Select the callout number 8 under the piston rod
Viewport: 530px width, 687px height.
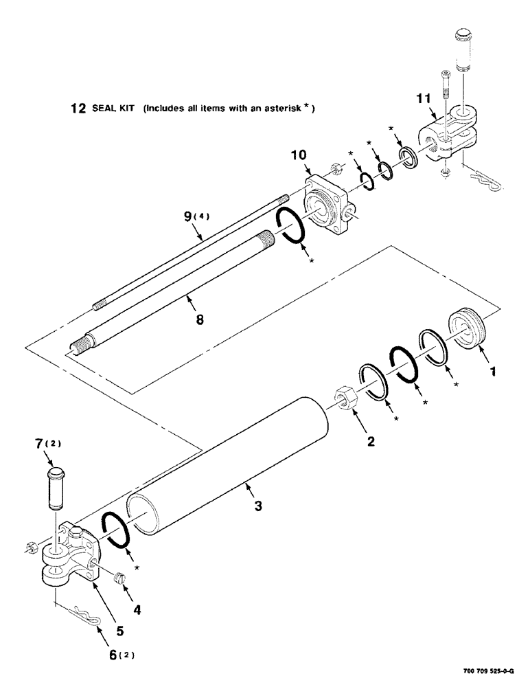(200, 319)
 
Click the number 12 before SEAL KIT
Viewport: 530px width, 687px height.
(78, 108)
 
